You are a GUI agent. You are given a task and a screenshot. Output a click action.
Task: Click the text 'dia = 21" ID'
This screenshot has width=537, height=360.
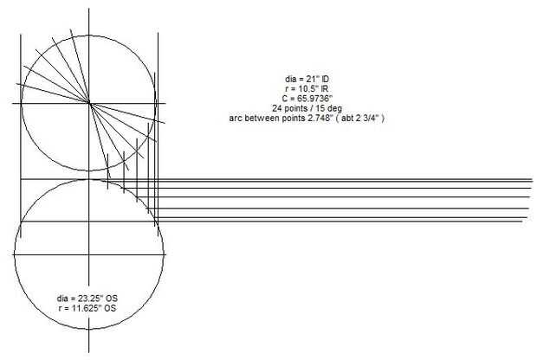point(307,79)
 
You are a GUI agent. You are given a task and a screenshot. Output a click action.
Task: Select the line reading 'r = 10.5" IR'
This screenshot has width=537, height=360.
point(307,89)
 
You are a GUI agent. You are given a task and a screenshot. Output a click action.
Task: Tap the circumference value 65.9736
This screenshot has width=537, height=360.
point(314,99)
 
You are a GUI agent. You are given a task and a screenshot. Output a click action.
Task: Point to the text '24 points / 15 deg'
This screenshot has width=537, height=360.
point(307,108)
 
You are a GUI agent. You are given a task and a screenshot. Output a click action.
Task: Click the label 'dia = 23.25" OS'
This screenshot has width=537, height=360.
point(87,299)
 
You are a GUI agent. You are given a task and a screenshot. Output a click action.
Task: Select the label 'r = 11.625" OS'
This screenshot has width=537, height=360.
point(87,308)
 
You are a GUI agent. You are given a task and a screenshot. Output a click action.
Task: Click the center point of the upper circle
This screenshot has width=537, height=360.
point(89,103)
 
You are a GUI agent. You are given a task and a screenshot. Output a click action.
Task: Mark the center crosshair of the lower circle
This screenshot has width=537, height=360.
point(89,254)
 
